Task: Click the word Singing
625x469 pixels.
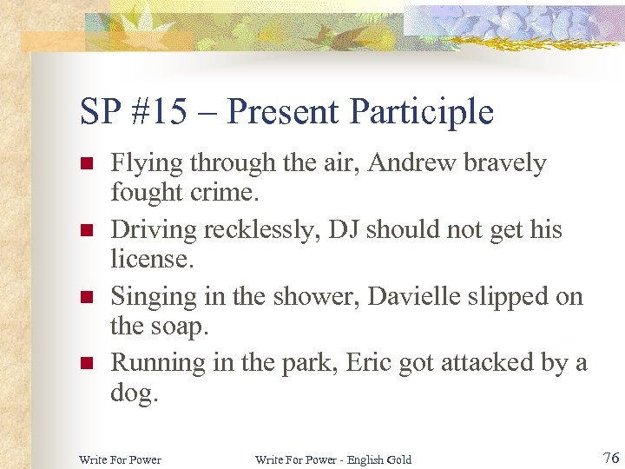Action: click(153, 296)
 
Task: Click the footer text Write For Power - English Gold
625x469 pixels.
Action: click(333, 459)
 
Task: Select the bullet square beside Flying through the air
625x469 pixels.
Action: click(85, 164)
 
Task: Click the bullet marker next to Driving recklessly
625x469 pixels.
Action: click(85, 231)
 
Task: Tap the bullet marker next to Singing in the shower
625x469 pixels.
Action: click(85, 297)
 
